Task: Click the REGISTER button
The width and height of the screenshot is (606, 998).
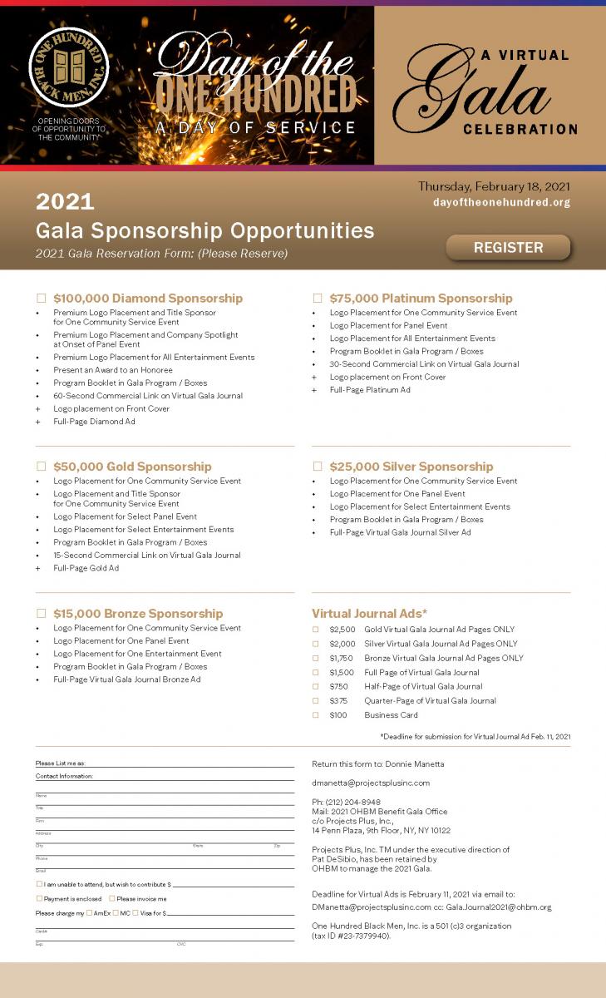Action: click(508, 247)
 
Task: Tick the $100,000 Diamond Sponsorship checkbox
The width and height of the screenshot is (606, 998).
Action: click(42, 298)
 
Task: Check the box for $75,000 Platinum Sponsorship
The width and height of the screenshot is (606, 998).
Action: click(318, 298)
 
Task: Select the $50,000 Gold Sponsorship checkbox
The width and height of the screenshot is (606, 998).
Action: click(42, 467)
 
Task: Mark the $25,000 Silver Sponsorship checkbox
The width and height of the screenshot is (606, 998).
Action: click(318, 467)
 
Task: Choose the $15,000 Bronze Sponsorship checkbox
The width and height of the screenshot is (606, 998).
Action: click(42, 614)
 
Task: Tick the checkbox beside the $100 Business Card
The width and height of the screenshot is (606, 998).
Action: click(316, 715)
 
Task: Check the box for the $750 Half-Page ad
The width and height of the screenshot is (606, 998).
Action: click(316, 686)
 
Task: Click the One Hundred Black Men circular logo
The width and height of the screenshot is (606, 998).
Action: click(68, 68)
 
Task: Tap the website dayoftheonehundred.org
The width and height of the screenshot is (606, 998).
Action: click(501, 203)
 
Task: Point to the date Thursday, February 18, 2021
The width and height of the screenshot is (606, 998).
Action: click(494, 186)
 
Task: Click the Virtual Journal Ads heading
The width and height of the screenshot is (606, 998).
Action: click(369, 614)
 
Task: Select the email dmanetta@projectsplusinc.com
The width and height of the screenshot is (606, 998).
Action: click(371, 783)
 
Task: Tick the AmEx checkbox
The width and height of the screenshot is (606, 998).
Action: click(89, 913)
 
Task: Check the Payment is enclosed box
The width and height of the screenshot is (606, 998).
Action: click(39, 898)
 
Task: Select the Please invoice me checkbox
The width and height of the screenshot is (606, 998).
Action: click(112, 898)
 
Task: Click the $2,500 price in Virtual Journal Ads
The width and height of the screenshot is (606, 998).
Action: click(342, 630)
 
